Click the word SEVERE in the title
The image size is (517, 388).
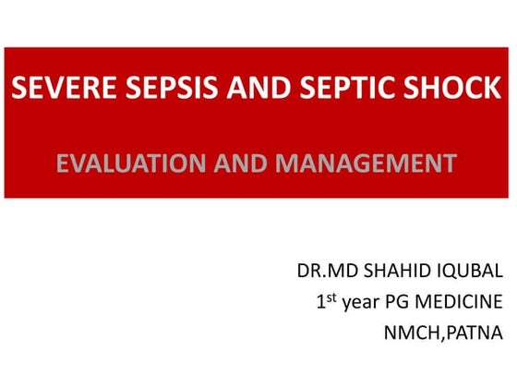tap(52, 91)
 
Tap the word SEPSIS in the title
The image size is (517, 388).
tap(146, 91)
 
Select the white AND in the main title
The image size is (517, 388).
tap(227, 91)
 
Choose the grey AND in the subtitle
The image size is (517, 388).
tap(239, 165)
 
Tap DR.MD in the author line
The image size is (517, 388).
tap(321, 273)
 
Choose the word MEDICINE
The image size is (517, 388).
tap(465, 301)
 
